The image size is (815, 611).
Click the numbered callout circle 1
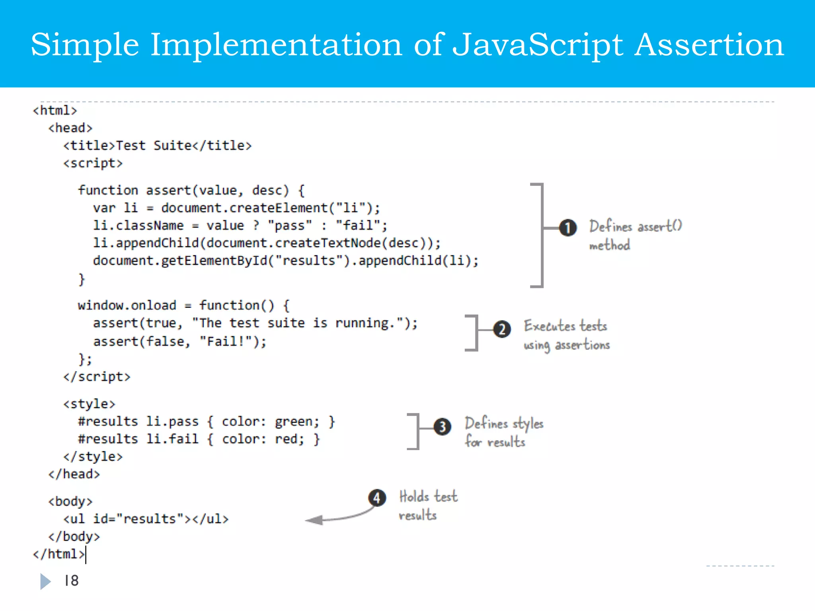pyautogui.click(x=568, y=228)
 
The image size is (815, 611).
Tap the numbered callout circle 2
pyautogui.click(x=502, y=329)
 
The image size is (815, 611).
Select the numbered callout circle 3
pyautogui.click(x=442, y=427)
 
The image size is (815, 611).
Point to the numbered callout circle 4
pyautogui.click(x=377, y=498)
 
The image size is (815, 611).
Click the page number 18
pyautogui.click(x=72, y=581)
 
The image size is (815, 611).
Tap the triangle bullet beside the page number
pyautogui.click(x=45, y=581)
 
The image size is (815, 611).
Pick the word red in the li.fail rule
pyautogui.click(x=289, y=439)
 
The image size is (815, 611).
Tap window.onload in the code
pyautogui.click(x=127, y=305)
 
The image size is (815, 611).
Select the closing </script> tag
pyautogui.click(x=97, y=377)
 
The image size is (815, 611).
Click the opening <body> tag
pyautogui.click(x=70, y=501)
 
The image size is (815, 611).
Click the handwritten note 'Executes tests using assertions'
pyautogui.click(x=566, y=335)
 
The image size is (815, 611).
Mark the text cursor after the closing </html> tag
pyautogui.click(x=86, y=555)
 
